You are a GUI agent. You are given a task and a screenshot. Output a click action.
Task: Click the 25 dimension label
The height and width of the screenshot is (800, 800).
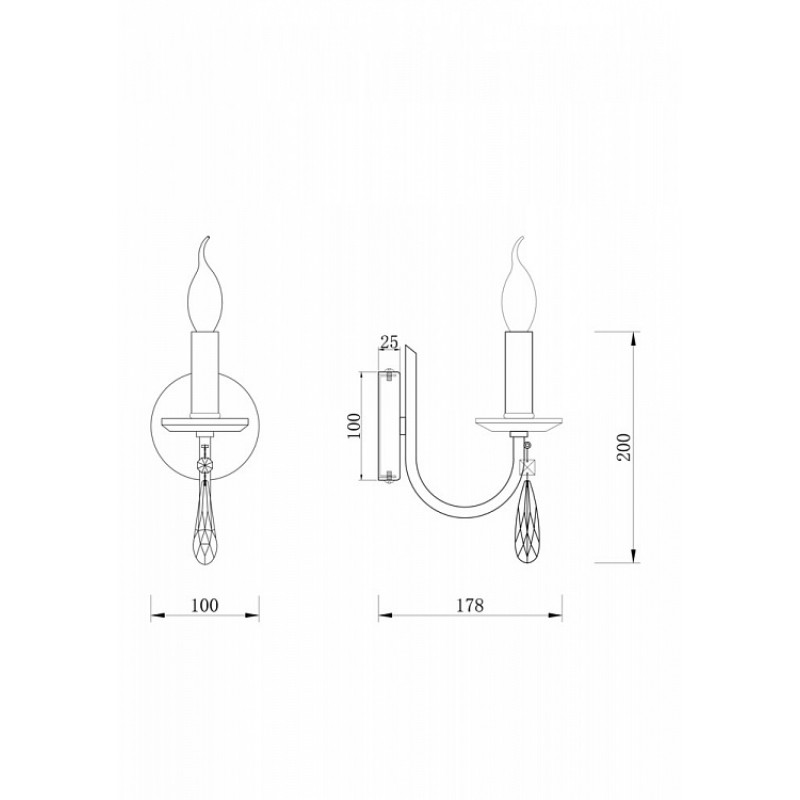point(389,342)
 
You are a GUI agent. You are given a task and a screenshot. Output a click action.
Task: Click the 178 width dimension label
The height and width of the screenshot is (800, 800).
point(469,605)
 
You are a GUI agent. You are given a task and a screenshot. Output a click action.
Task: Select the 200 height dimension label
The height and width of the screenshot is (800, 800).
point(624,447)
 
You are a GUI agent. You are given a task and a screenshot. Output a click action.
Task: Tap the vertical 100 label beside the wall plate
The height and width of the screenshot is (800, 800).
point(354,425)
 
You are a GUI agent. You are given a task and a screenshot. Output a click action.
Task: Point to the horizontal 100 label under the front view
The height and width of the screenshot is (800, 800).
point(205,605)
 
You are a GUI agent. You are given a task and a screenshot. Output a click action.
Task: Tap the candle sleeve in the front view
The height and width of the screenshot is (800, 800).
point(206,374)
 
